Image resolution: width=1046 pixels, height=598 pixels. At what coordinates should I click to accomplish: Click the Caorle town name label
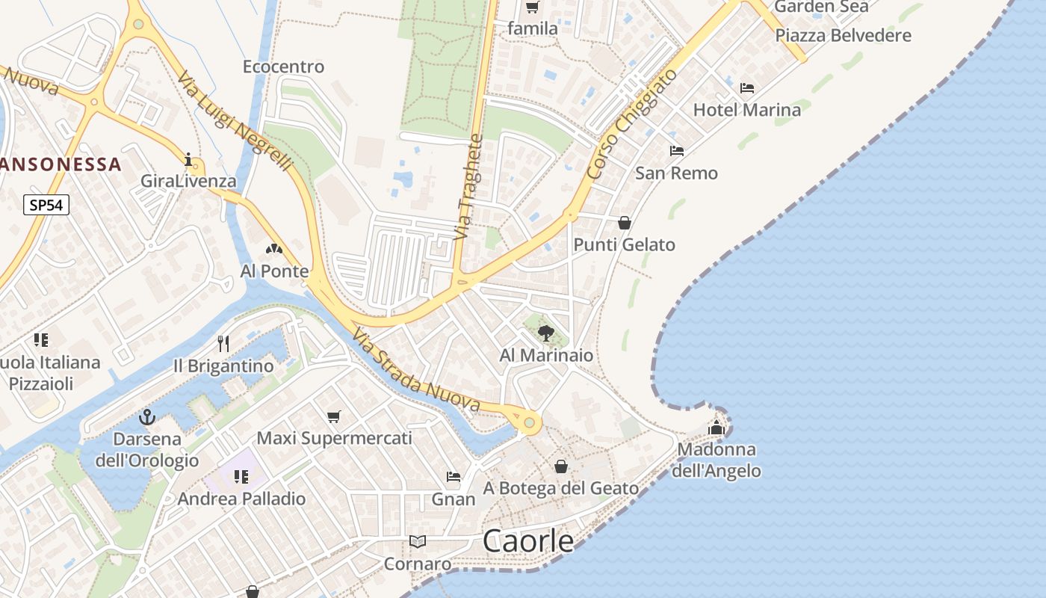point(528,540)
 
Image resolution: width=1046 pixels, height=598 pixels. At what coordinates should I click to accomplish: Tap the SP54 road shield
point(46,205)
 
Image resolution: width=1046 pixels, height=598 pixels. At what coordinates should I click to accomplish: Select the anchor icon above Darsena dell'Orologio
point(146,417)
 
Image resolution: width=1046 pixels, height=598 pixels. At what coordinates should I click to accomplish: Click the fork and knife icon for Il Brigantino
point(223,344)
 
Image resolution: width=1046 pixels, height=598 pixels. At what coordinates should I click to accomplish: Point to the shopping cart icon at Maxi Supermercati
point(333,416)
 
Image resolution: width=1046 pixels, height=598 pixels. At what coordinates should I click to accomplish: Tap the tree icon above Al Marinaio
point(546,333)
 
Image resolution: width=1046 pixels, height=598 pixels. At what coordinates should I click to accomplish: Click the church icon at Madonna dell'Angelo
point(717,428)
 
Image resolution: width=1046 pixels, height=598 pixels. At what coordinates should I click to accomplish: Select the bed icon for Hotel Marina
point(746,88)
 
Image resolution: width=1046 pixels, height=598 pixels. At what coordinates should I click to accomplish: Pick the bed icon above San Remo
point(676,151)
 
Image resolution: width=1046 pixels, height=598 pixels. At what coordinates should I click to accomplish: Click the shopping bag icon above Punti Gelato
point(625,223)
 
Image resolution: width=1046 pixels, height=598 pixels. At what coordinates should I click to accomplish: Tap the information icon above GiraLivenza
point(188,159)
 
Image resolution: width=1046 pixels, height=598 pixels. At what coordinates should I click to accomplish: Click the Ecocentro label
point(283,67)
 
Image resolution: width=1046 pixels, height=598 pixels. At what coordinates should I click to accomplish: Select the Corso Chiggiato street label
point(632,123)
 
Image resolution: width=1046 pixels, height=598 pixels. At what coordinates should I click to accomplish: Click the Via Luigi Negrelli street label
point(234,121)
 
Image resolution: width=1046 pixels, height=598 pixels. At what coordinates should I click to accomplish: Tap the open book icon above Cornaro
point(418,541)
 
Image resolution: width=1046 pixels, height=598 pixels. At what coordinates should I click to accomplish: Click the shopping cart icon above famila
point(532,7)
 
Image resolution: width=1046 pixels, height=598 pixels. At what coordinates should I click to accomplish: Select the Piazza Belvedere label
point(843,35)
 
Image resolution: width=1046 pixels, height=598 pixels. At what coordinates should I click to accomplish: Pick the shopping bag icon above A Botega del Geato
point(561,466)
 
